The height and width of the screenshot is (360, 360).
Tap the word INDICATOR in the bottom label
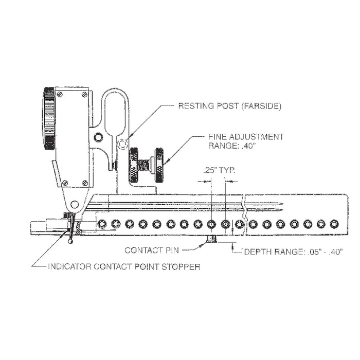pyautogui.click(x=69, y=267)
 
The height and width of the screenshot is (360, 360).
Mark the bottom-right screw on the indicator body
pyautogui.click(x=85, y=182)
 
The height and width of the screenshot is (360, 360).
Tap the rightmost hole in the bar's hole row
pyautogui.click(x=335, y=224)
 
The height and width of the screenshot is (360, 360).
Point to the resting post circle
pyautogui.click(x=122, y=146)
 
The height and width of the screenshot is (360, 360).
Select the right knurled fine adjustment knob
pyautogui.click(x=159, y=164)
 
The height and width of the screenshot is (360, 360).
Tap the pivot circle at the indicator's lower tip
pyautogui.click(x=76, y=204)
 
